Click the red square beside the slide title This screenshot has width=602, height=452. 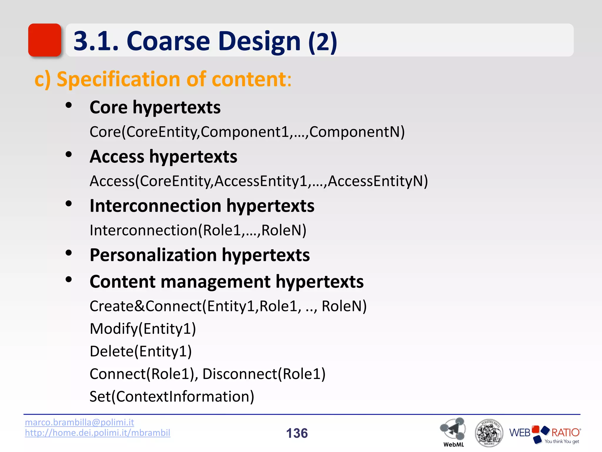tap(45, 40)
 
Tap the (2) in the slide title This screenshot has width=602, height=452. tap(322, 42)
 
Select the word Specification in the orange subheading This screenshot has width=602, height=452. tap(118, 79)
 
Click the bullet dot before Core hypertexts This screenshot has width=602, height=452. tap(69, 105)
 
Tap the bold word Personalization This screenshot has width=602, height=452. tap(153, 255)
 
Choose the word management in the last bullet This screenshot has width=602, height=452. tap(215, 282)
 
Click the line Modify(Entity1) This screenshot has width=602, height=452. tap(143, 328)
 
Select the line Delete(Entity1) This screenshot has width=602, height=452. tap(141, 351)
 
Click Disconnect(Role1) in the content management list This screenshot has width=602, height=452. tap(264, 374)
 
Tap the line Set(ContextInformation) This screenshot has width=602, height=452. tap(172, 396)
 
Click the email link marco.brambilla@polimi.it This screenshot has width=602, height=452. tap(79, 422)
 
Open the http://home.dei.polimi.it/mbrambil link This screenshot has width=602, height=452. tap(97, 433)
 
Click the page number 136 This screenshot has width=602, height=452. tap(297, 433)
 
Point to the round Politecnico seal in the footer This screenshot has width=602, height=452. tap(489, 433)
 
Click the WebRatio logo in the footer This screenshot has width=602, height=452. tap(545, 433)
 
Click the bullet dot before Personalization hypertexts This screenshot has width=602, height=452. tap(69, 253)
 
